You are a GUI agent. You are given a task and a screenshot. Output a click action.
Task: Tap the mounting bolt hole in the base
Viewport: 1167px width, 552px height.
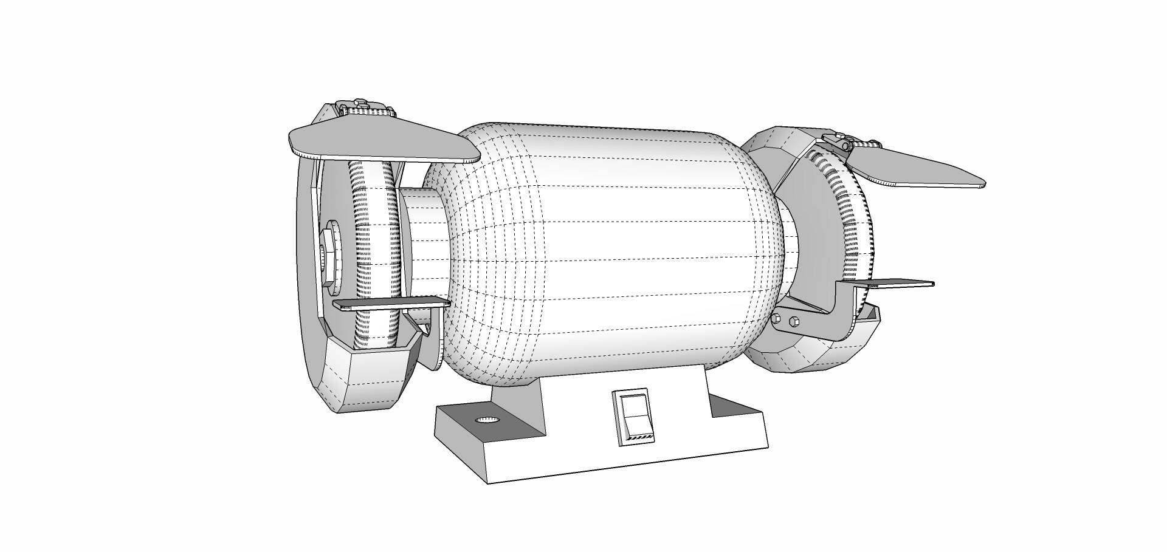[x=486, y=421]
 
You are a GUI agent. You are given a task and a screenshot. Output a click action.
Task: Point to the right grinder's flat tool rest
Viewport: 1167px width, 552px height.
[x=893, y=284]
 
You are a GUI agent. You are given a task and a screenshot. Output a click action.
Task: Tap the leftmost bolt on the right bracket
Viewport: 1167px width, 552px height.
[x=777, y=318]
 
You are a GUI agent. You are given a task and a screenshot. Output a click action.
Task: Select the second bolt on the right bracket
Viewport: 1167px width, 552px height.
[x=794, y=321]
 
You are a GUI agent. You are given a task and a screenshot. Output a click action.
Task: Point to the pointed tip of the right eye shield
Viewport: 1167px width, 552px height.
[x=982, y=184]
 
